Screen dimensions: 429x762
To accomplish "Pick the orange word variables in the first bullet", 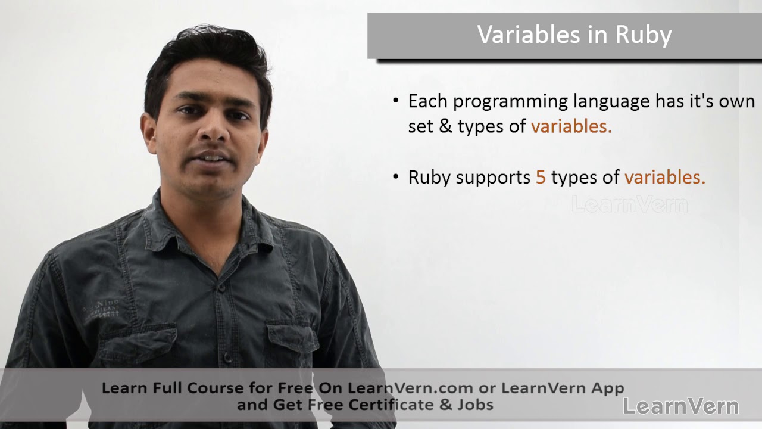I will click(571, 126).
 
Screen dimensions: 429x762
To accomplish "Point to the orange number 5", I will click(541, 178).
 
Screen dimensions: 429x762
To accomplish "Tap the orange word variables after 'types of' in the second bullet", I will click(664, 178).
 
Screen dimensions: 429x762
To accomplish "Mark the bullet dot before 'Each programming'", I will click(396, 101).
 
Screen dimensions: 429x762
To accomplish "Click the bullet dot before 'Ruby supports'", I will click(396, 177).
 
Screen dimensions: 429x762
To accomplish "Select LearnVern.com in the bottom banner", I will click(410, 388).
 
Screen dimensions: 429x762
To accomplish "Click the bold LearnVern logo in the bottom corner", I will click(680, 406).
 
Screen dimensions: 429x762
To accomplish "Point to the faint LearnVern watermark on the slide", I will click(629, 205).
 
